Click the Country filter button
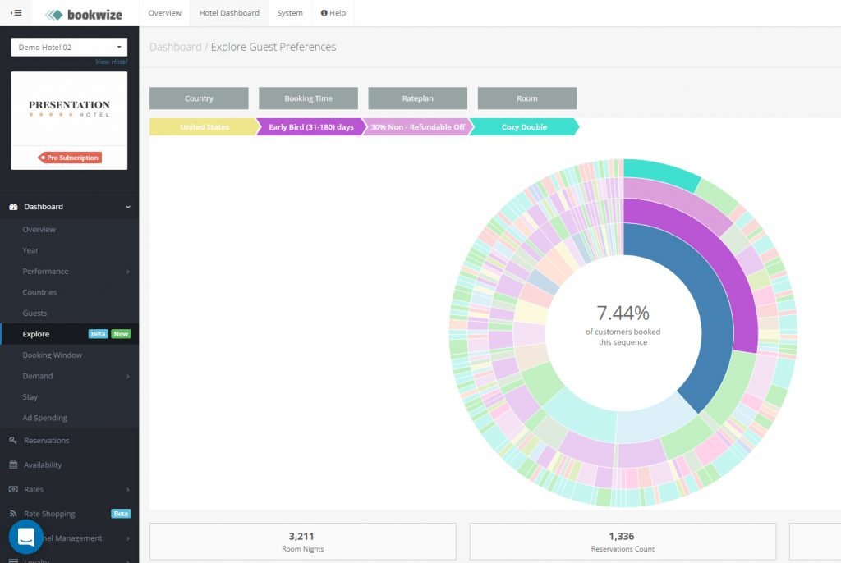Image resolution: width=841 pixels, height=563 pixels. (199, 98)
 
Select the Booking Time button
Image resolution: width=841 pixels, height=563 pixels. (308, 98)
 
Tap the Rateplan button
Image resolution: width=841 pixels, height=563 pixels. (417, 98)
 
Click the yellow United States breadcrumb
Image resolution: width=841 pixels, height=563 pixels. (204, 127)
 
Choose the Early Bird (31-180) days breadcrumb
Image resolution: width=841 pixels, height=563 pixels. (310, 127)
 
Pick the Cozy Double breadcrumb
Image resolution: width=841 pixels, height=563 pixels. (524, 127)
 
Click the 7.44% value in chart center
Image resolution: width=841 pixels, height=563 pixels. (623, 313)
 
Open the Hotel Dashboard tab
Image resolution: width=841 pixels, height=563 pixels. (229, 13)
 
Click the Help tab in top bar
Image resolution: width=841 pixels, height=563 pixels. (333, 13)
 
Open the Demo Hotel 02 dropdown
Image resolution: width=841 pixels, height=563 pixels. (69, 47)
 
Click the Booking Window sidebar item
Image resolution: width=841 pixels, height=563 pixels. (53, 355)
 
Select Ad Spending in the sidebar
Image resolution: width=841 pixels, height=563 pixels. (45, 418)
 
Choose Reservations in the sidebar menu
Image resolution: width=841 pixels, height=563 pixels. (47, 441)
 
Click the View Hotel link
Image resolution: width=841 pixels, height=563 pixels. (111, 62)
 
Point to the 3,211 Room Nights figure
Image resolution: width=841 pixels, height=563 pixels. (302, 536)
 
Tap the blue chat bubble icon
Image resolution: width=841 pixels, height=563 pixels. (25, 537)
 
